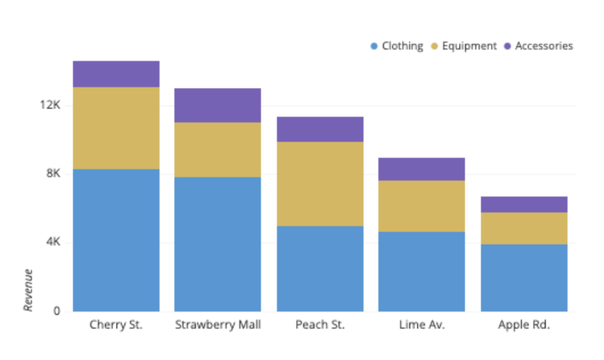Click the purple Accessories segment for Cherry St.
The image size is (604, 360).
(x=116, y=74)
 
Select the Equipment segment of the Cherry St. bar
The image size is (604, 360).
(x=116, y=128)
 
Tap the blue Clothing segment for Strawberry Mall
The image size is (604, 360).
(x=218, y=244)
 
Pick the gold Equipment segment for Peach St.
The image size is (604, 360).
(x=320, y=184)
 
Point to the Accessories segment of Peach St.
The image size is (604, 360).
(x=320, y=129)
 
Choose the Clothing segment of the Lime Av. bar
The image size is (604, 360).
(x=422, y=272)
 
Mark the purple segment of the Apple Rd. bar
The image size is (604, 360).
(x=524, y=204)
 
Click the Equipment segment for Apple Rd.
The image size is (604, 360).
(x=524, y=228)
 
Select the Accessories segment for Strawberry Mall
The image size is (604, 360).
(x=218, y=105)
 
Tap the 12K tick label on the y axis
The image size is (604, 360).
(x=50, y=105)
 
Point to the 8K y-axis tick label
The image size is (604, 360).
(x=53, y=174)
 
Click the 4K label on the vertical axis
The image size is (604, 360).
(x=53, y=243)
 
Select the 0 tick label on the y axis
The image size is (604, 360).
(x=57, y=312)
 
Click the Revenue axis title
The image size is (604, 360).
(x=28, y=291)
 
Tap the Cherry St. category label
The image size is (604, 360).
(x=116, y=325)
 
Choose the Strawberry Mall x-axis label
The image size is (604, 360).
(x=218, y=325)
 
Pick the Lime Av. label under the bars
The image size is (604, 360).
(x=422, y=325)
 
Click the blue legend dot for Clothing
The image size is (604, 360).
(x=374, y=46)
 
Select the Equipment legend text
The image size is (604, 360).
(x=470, y=46)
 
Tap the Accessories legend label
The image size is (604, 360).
(x=544, y=46)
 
